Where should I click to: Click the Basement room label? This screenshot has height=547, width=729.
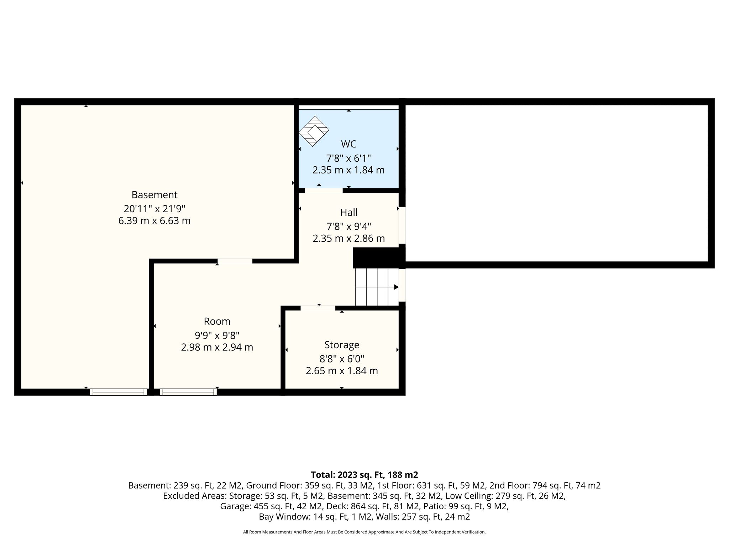[x=154, y=195]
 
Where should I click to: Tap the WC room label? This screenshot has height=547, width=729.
[x=348, y=144]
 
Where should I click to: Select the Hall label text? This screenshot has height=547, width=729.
[x=349, y=213]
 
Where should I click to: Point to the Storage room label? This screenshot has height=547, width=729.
[x=342, y=345]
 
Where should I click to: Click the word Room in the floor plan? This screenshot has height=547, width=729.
[x=217, y=321]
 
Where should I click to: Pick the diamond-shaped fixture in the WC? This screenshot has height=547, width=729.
[x=314, y=131]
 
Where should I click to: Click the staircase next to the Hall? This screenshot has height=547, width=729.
[x=377, y=287]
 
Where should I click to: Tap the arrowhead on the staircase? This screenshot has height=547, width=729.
[x=396, y=287]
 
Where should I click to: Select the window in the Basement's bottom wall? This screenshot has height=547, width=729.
[x=118, y=392]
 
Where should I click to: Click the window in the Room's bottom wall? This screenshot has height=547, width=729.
[x=188, y=392]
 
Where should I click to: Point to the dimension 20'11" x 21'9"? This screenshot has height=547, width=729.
[x=154, y=208]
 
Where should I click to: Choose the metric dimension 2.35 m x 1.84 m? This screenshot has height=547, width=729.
[x=348, y=170]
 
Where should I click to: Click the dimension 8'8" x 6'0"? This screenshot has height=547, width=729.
[x=342, y=359]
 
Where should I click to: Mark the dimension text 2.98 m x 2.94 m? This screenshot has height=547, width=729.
[x=217, y=347]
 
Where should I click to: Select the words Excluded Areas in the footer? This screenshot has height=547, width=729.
[x=194, y=496]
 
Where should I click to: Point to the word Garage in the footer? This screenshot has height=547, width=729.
[x=235, y=506]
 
